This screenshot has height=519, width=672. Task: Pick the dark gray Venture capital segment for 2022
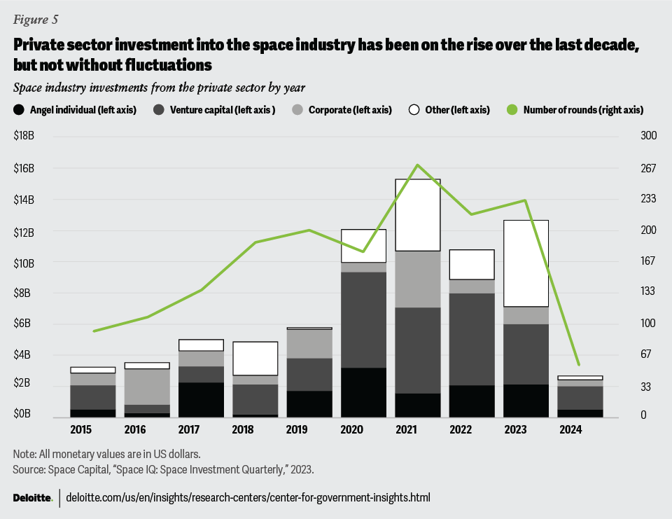point(472,339)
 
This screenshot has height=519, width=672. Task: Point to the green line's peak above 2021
point(418,165)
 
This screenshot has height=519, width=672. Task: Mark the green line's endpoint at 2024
point(579,365)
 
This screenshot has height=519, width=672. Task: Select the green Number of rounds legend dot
point(512,110)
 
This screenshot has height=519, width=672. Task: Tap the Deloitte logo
point(33,497)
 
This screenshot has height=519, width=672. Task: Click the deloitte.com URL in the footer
point(248,497)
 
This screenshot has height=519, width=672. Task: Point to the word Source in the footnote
point(29,466)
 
